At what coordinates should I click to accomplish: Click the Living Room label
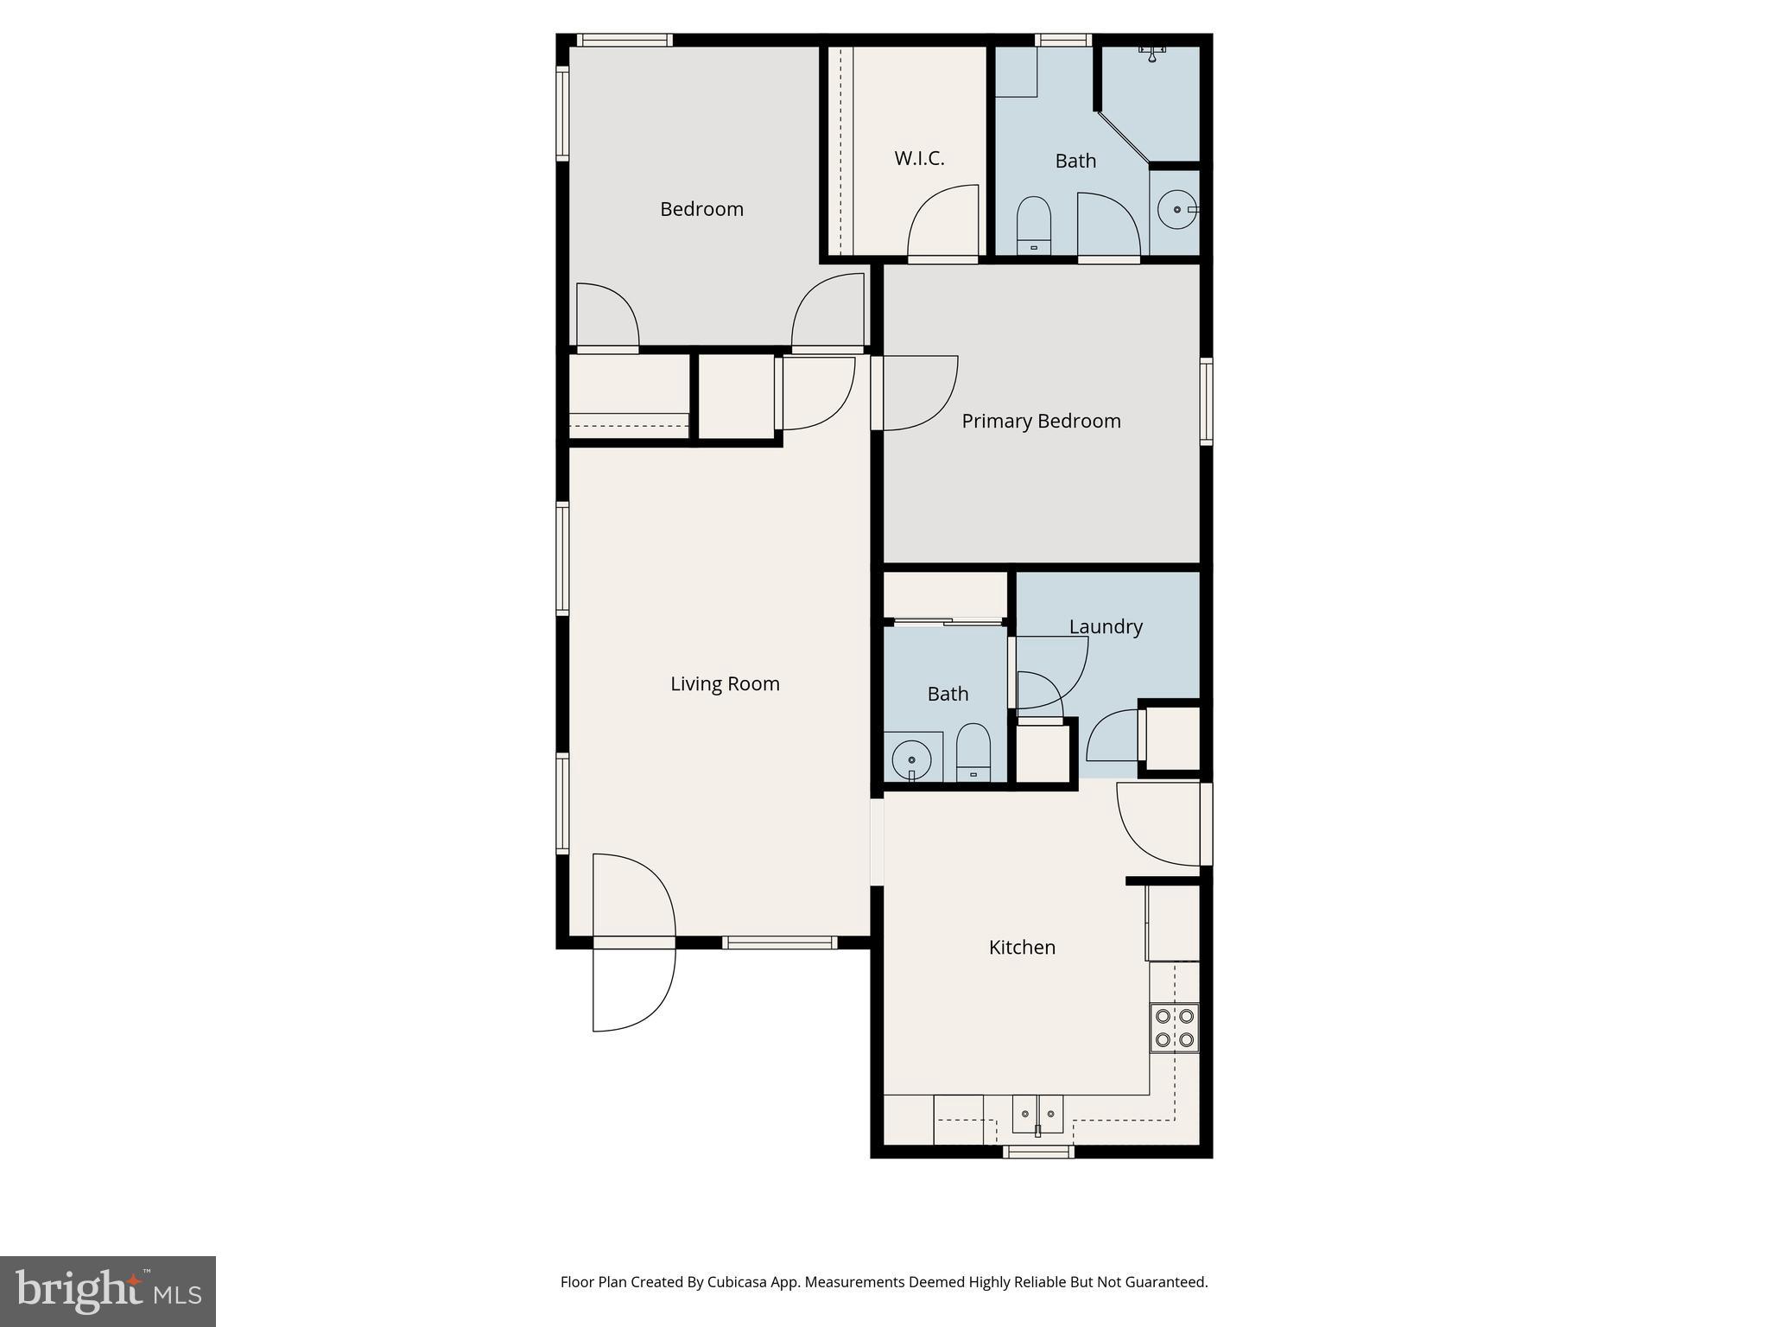[x=725, y=683]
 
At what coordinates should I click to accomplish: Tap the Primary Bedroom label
[x=1041, y=421]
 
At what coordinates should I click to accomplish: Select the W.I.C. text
[x=919, y=158]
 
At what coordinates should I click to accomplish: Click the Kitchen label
[x=1022, y=947]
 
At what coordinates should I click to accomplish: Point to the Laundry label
[x=1106, y=626]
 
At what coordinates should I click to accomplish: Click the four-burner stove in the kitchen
[x=1175, y=1027]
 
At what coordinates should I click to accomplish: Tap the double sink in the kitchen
[x=1037, y=1114]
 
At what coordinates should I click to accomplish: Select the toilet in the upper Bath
[x=1033, y=225]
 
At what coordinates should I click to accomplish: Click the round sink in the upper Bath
[x=1176, y=210]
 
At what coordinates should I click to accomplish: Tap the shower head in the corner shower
[x=1151, y=54]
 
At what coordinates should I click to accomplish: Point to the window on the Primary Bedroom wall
[x=1207, y=401]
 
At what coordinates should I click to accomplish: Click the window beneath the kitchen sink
[x=1038, y=1151]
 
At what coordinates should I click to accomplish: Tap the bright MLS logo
[x=108, y=1291]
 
